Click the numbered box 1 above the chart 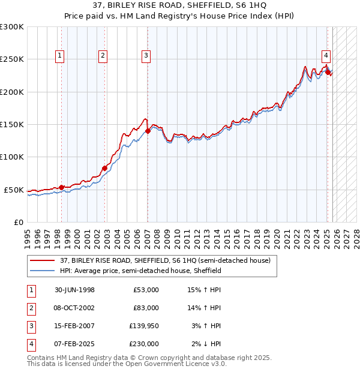[61, 56]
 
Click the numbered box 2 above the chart [103, 56]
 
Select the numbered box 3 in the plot [146, 56]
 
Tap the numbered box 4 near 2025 [326, 56]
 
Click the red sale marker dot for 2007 [148, 131]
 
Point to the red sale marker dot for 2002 [104, 168]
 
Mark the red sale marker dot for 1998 [61, 187]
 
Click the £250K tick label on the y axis [12, 59]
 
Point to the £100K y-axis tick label [12, 157]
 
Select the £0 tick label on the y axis [19, 222]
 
